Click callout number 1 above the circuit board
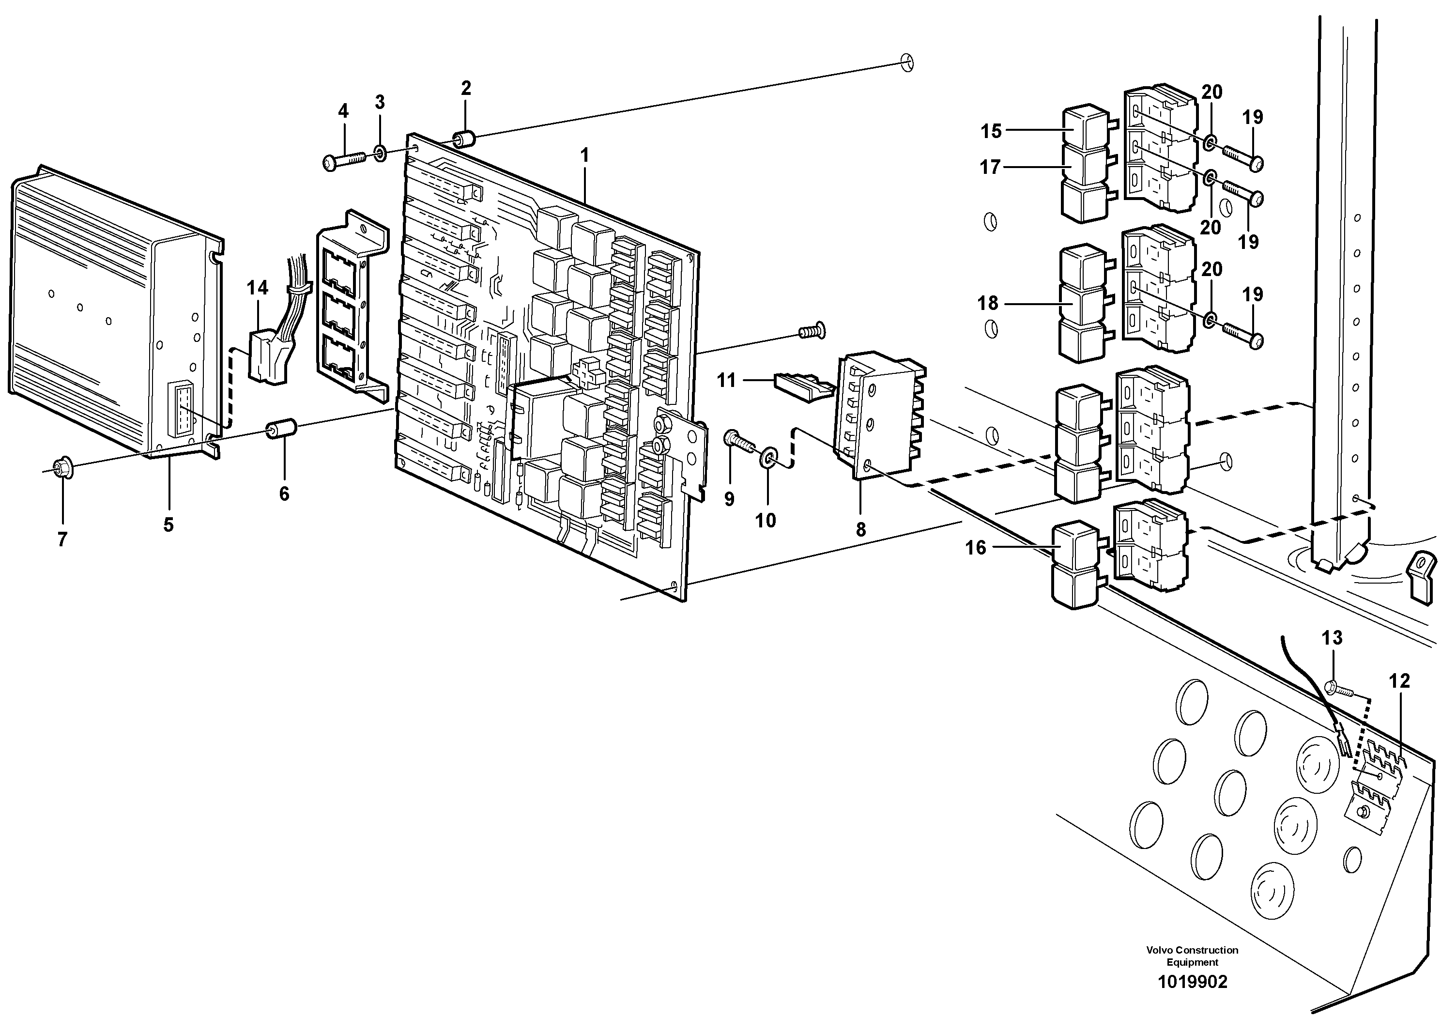point(584,155)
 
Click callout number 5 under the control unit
point(168,524)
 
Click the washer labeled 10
point(769,458)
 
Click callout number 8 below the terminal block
point(860,530)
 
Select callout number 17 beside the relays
point(990,168)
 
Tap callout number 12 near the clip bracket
point(1399,681)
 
